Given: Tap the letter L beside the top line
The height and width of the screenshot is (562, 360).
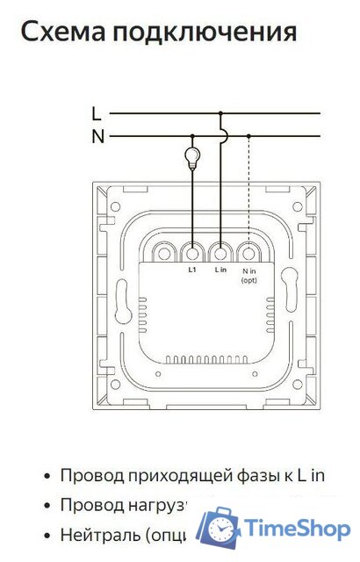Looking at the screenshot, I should [x=97, y=112].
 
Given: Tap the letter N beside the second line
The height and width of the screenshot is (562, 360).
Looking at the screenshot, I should [x=97, y=136].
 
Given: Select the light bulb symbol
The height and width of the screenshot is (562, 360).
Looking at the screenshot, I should [x=191, y=158].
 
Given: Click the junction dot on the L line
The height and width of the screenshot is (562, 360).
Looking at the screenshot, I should [x=220, y=113].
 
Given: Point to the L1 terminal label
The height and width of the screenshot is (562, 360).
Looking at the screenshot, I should [x=192, y=270].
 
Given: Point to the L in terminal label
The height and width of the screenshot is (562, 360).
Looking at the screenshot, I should [x=220, y=270].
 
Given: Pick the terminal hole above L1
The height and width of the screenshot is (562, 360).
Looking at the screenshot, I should [x=192, y=253].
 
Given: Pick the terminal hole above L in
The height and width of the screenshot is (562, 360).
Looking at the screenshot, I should [x=220, y=253].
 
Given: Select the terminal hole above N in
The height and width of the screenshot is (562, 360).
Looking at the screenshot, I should [x=249, y=253].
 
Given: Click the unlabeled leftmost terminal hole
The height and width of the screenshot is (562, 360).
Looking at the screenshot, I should [x=164, y=253].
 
